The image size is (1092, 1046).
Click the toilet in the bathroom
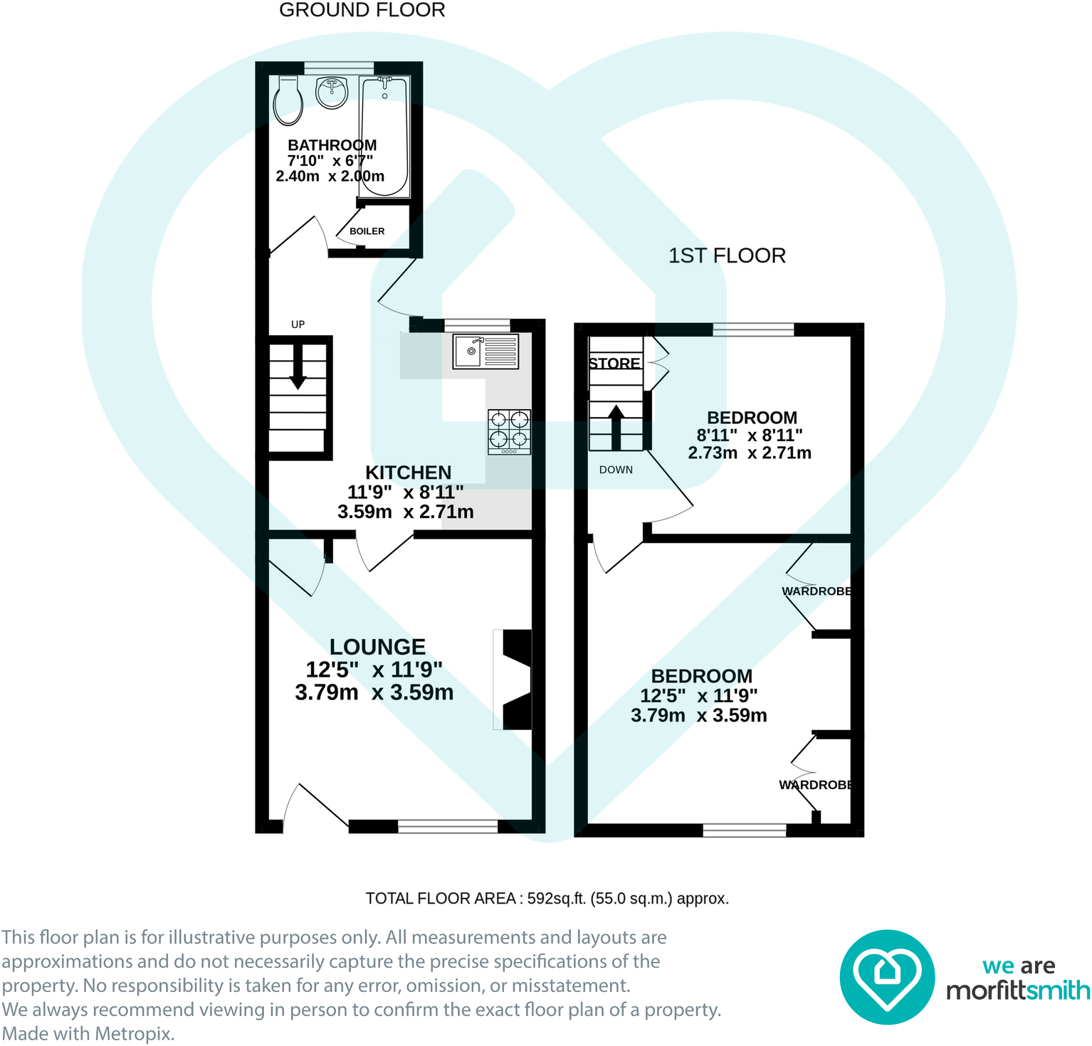pyautogui.click(x=288, y=101)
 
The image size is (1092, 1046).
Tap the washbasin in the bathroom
pyautogui.click(x=331, y=93)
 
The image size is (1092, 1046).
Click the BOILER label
pyautogui.click(x=367, y=231)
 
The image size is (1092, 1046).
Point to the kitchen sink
pyautogui.click(x=485, y=352)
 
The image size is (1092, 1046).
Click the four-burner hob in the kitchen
pyautogui.click(x=509, y=431)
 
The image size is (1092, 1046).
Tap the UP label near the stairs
pyautogui.click(x=298, y=324)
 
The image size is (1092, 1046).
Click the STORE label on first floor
pyautogui.click(x=614, y=364)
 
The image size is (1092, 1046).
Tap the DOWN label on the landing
pyautogui.click(x=616, y=470)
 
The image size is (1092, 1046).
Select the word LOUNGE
pyautogui.click(x=377, y=647)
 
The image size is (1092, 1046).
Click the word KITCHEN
pyautogui.click(x=408, y=472)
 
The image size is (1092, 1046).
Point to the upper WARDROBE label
pyautogui.click(x=817, y=591)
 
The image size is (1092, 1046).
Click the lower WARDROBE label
pyautogui.click(x=815, y=785)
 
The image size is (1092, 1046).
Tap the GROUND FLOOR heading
pyautogui.click(x=362, y=10)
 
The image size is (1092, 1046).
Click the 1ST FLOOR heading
pyautogui.click(x=727, y=255)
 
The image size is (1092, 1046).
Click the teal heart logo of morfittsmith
pyautogui.click(x=887, y=977)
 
